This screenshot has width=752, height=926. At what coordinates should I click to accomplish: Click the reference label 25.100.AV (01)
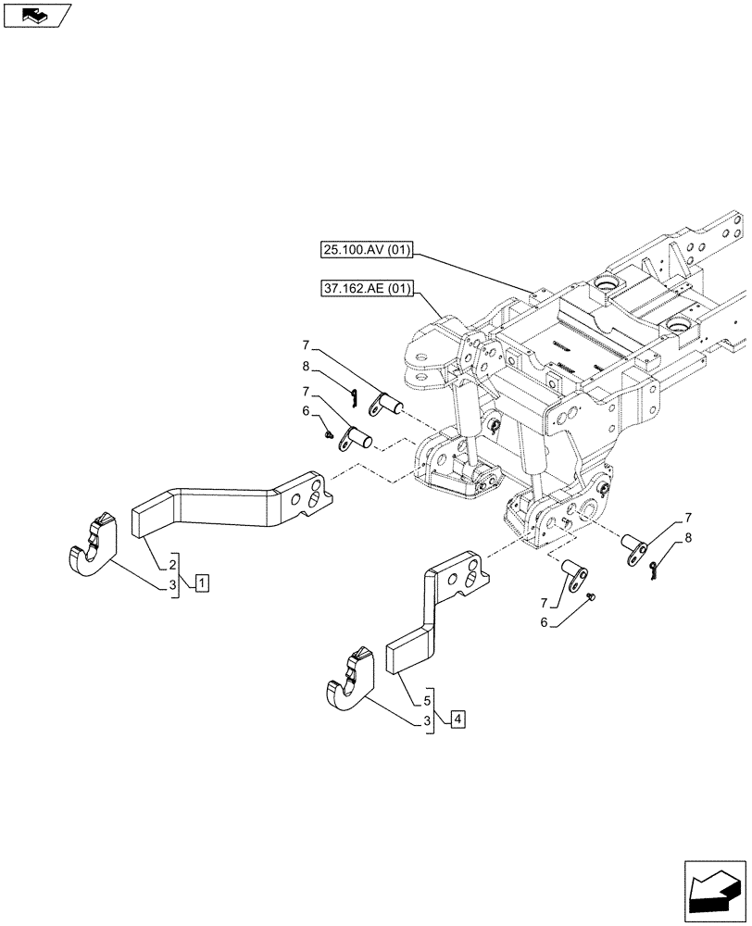[x=368, y=249]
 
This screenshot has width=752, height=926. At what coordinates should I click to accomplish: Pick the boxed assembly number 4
[x=457, y=718]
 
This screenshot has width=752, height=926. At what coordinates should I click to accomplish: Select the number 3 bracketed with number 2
[x=172, y=586]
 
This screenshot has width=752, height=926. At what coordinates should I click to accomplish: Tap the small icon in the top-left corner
[x=37, y=15]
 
